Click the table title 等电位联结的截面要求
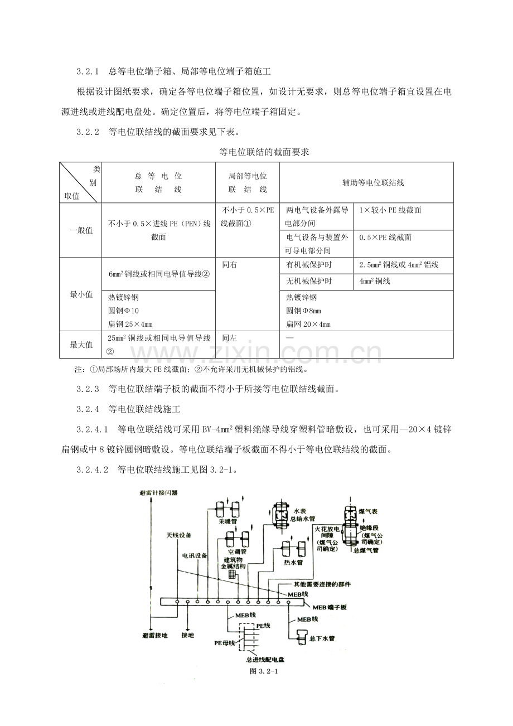pos(256,151)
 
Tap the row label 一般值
pos(81,230)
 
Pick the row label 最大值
pos(81,345)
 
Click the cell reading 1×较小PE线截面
pos(390,210)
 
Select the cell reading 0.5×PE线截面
pos(385,237)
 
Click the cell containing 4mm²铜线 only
pos(375,281)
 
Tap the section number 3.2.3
pos(88,389)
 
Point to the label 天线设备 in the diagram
pos(178,535)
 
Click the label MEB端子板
pos(329,607)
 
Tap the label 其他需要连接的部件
pos(322,584)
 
